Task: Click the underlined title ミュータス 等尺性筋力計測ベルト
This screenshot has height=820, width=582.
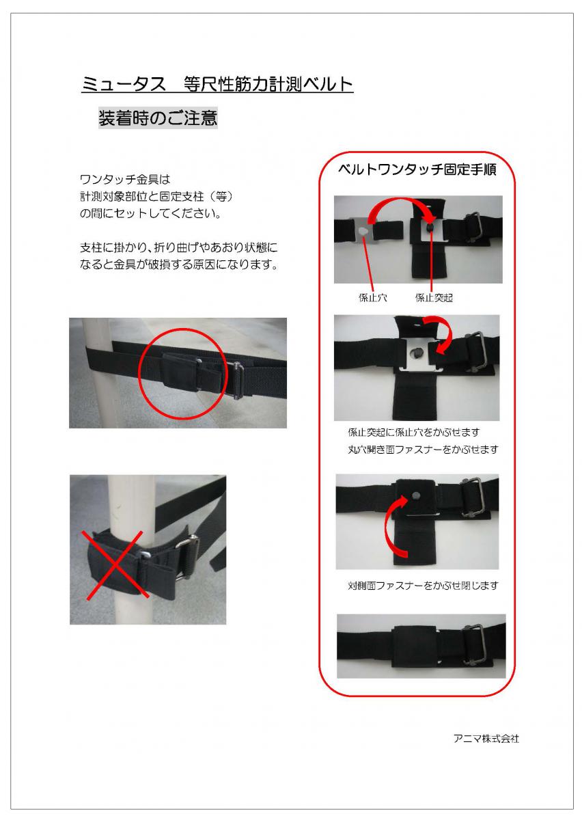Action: point(217,85)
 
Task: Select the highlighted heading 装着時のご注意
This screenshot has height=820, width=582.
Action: point(158,118)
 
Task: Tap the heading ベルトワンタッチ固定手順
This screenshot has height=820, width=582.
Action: point(417,170)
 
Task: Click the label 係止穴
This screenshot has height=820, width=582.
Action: point(372,298)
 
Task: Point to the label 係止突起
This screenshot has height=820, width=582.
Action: point(434,298)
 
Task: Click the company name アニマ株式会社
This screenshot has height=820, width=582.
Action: point(486,739)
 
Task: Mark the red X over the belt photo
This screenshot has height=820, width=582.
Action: point(115,564)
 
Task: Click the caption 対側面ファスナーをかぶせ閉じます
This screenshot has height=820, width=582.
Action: point(423,586)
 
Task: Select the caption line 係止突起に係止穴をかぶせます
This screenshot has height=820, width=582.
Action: point(414,433)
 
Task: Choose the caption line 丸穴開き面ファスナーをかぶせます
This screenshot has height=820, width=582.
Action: point(423,449)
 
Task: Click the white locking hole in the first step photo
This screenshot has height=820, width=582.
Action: point(363,231)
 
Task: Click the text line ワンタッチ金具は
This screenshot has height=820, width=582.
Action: point(125,180)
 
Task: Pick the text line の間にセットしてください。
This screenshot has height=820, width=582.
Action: point(150,213)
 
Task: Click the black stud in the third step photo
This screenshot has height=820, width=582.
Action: point(416,496)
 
